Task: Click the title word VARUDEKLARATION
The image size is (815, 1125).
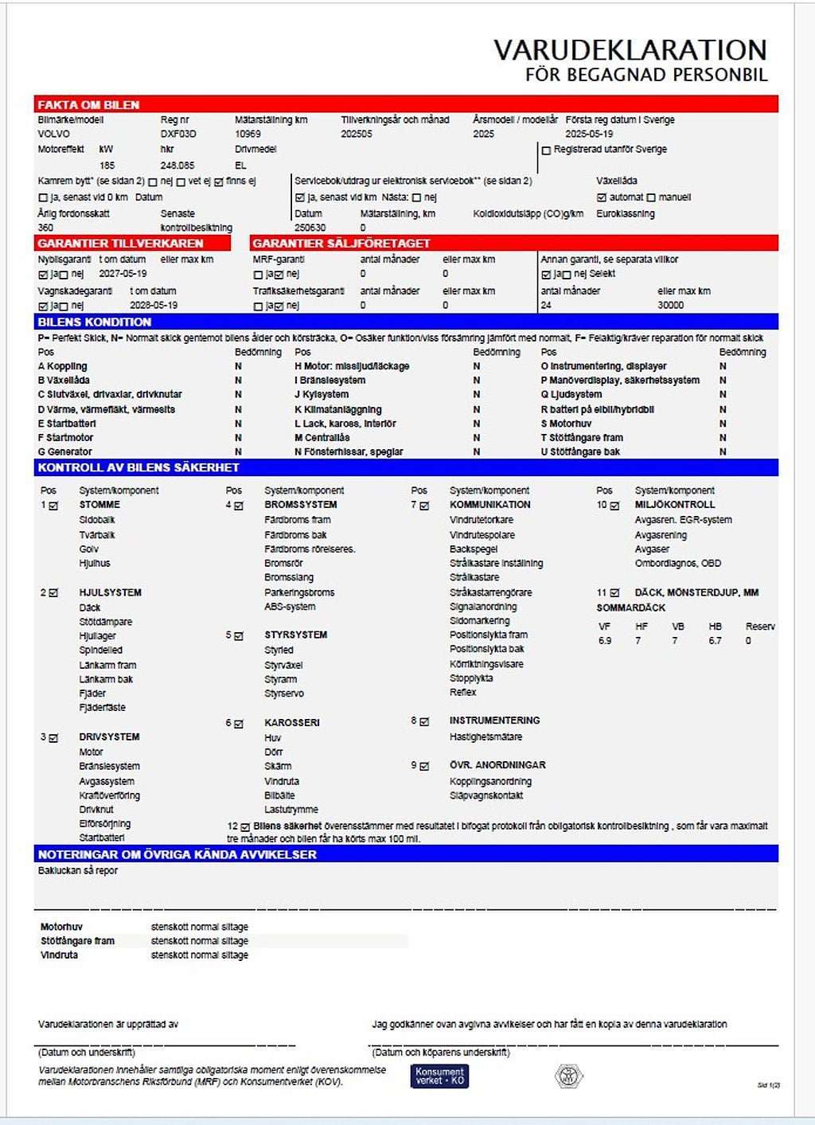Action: coord(630,50)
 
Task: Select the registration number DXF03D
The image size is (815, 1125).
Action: coord(178,134)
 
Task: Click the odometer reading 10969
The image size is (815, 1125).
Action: coord(248,134)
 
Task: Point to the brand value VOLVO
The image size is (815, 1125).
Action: coord(54,134)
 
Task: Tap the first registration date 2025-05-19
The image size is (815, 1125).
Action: coord(589,134)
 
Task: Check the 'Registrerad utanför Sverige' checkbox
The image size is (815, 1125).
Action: coord(546,150)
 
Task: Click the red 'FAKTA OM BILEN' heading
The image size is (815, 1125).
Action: coord(88,104)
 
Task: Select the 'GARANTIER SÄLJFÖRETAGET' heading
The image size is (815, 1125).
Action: coord(341,243)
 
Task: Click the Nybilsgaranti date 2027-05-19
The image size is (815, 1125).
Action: coord(123,273)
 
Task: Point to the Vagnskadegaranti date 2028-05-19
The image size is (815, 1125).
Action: coord(154,305)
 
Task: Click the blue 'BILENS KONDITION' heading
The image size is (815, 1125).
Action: coord(94,322)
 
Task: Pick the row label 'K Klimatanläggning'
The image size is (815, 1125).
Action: coord(337,409)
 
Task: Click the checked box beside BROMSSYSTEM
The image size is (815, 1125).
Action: coord(239,505)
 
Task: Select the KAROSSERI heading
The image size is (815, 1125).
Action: coord(292,722)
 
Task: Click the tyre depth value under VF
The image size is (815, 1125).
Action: coord(605,640)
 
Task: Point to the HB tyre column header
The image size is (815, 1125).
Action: coord(715,627)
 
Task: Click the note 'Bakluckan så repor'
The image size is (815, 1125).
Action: coord(78,870)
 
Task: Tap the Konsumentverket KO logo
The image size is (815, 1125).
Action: coord(439,1076)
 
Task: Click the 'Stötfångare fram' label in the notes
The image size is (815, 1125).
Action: coord(77,940)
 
